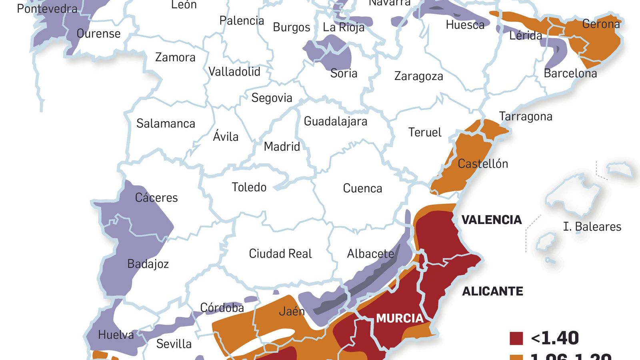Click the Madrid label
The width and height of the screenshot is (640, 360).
282,147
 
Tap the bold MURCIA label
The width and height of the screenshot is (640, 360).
400,318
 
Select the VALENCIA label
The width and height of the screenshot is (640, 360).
492,220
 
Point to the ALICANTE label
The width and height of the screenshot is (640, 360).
492,291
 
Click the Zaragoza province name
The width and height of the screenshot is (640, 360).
418,76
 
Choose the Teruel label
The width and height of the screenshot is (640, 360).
425,132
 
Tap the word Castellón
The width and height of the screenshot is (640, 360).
483,164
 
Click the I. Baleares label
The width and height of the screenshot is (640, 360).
592,227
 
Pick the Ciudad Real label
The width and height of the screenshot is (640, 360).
280,254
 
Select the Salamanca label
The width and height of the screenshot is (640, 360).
166,124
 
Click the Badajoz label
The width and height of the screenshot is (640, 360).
148,264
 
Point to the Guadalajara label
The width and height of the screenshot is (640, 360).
335,122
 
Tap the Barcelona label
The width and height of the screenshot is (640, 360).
570,74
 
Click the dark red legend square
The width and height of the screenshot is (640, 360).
516,338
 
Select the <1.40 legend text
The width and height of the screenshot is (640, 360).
555,338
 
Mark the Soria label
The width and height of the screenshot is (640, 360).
344,74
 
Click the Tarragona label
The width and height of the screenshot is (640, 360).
526,116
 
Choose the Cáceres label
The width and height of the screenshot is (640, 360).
156,198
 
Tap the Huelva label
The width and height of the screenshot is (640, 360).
116,335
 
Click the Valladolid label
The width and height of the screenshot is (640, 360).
234,72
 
